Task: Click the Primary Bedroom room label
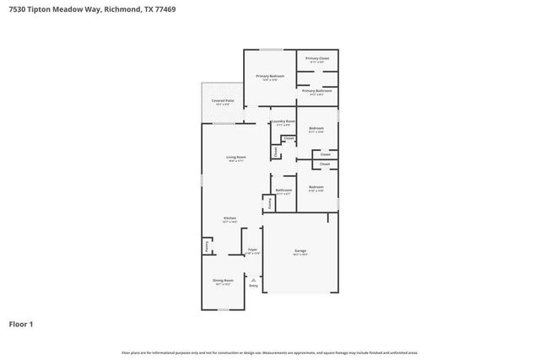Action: pos(270,76)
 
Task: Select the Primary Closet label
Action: pos(316,59)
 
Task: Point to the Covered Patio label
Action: pos(223,100)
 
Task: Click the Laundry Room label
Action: pos(284,121)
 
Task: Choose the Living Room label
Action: pos(235,157)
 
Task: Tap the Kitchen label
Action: pos(229,218)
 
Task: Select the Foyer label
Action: pos(252,250)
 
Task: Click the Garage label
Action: pos(300,250)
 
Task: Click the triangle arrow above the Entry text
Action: pos(253,278)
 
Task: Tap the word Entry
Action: pos(253,286)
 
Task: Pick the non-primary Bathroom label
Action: pos(283,190)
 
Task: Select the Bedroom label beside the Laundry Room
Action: pos(316,128)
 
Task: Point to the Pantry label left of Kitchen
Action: pos(207,246)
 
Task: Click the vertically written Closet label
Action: pos(275,152)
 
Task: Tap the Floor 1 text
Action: pos(21,323)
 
